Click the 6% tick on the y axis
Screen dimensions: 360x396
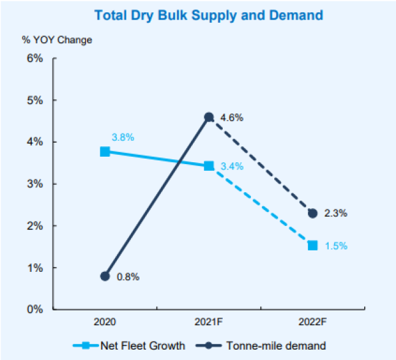35,58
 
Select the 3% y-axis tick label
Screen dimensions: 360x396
35,184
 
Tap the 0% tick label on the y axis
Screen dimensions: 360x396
35,309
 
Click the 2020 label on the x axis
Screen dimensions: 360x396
105,321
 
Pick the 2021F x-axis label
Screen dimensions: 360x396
209,321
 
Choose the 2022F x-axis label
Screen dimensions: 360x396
313,321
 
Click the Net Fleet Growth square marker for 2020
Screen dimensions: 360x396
105,151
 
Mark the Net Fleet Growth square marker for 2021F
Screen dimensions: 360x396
209,166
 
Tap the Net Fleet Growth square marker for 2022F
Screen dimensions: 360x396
313,246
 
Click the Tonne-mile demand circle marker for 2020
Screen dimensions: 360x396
105,276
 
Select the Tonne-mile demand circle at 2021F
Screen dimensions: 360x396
209,117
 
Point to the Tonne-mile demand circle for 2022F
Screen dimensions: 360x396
313,213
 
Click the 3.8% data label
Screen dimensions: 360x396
122,137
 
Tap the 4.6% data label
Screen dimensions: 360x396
231,117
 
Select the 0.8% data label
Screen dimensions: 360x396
128,277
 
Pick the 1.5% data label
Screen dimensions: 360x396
335,246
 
